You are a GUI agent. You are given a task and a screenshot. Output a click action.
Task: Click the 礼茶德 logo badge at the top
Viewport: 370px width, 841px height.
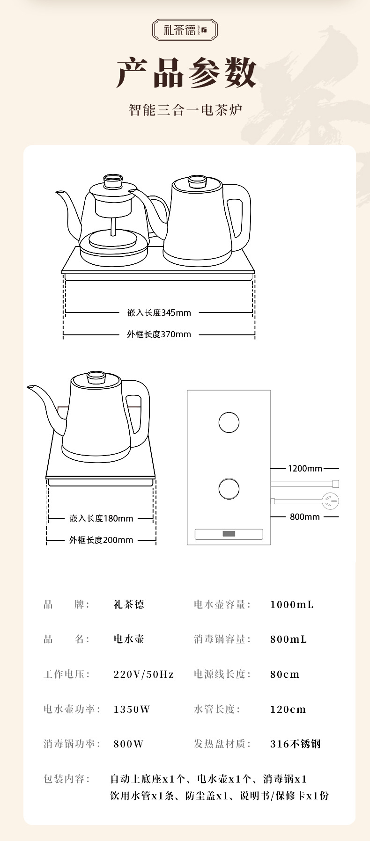click(x=185, y=30)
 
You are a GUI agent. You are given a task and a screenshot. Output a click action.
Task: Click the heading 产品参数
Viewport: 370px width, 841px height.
click(x=186, y=73)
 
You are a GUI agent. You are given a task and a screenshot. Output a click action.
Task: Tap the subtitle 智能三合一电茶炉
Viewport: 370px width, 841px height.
click(x=185, y=110)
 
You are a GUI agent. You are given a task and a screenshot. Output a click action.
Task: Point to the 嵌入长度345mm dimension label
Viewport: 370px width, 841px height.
click(x=159, y=312)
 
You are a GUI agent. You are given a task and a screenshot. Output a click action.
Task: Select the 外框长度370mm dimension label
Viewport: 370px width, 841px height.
click(x=159, y=334)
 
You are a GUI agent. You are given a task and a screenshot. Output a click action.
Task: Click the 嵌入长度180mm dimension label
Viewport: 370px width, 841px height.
click(x=101, y=518)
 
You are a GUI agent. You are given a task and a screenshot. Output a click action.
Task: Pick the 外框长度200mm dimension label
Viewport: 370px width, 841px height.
click(x=101, y=540)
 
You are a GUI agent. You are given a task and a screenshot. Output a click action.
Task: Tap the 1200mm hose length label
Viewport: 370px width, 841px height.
click(x=305, y=468)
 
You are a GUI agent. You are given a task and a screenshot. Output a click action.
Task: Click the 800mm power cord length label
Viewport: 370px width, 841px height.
click(x=305, y=517)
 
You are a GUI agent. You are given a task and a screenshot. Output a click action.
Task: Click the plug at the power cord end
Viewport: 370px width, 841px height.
click(x=331, y=501)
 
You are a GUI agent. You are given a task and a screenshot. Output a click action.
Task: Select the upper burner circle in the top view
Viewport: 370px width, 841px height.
click(x=229, y=422)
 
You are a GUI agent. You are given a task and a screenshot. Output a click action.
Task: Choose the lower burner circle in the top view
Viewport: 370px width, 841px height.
click(x=229, y=489)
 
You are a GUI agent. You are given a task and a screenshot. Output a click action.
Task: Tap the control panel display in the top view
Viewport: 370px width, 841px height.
click(x=229, y=534)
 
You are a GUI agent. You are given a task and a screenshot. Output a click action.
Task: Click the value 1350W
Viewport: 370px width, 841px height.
click(x=132, y=710)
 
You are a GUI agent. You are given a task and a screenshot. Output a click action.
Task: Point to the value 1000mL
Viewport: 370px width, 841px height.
click(x=292, y=605)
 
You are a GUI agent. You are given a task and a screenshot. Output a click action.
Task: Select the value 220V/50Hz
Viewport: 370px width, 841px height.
click(x=144, y=674)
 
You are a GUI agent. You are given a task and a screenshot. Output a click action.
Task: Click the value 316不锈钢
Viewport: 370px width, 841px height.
click(x=296, y=744)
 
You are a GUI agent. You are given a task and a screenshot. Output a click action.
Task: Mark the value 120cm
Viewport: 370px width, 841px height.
click(x=288, y=710)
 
